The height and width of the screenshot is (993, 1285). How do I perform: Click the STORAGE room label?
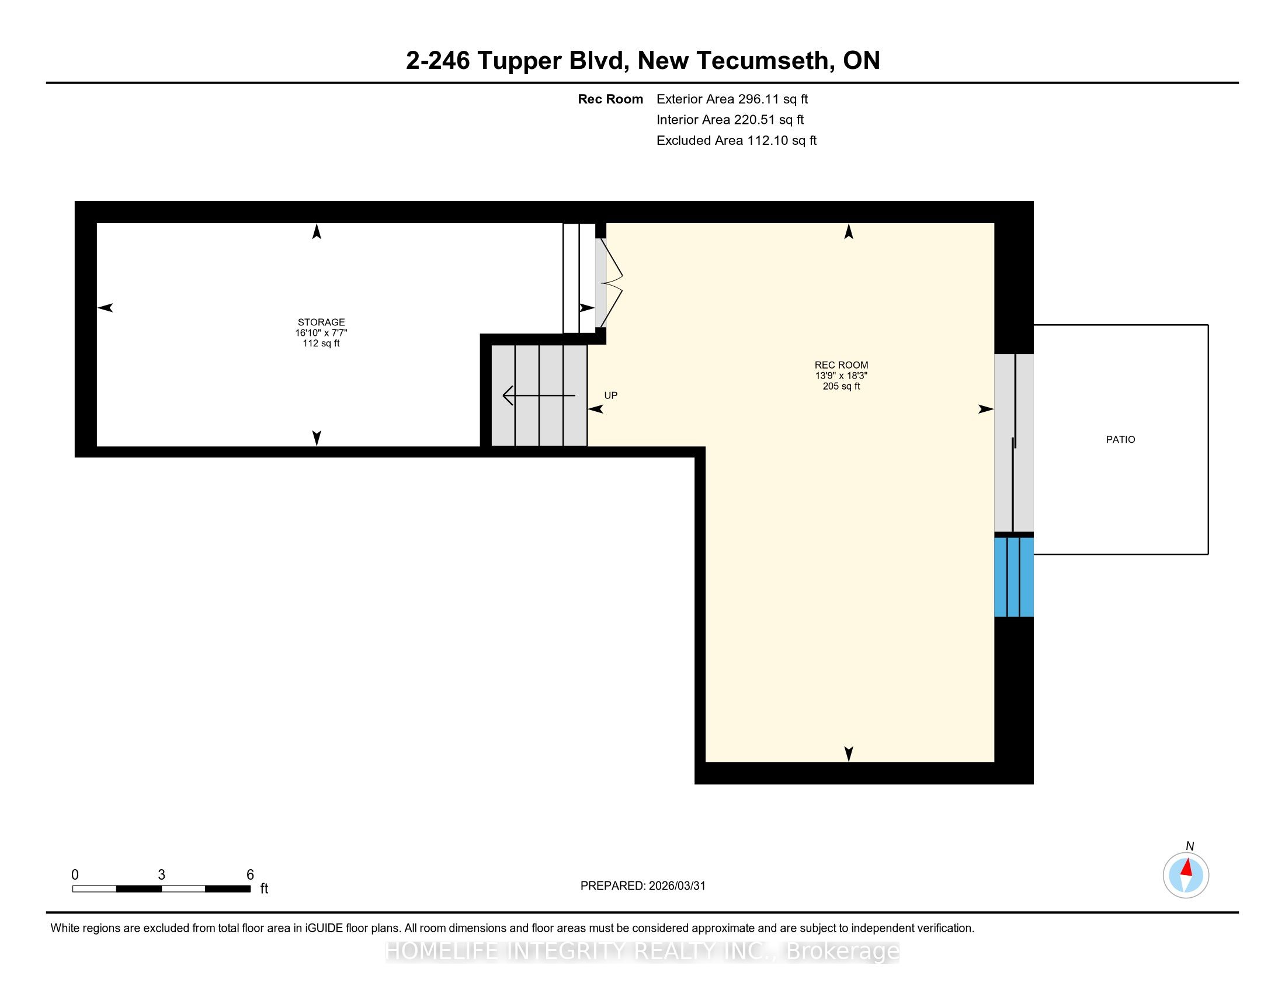point(321,322)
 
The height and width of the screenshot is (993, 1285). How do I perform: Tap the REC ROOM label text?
point(841,365)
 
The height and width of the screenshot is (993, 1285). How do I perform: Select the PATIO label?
point(1121,439)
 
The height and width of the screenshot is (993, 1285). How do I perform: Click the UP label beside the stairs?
point(611,395)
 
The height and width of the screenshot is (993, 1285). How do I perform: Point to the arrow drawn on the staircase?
point(539,395)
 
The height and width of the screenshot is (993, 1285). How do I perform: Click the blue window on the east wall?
point(1014,577)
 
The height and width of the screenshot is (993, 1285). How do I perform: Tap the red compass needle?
point(1187,868)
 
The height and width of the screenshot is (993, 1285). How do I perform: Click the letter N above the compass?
point(1190,846)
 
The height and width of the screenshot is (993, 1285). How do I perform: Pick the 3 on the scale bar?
point(161,875)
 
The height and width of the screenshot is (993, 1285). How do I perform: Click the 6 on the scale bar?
point(250,875)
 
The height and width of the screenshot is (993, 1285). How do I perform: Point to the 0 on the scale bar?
point(75,875)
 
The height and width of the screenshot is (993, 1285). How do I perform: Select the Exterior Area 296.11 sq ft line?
point(732,99)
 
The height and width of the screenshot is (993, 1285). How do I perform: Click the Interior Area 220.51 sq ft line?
point(730,120)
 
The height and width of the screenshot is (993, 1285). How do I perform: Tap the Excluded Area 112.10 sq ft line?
point(737,141)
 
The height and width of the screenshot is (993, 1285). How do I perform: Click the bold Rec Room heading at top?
point(610,99)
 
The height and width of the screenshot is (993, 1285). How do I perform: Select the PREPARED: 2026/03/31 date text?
point(643,886)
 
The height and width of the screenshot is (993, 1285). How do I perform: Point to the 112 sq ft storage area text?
point(321,343)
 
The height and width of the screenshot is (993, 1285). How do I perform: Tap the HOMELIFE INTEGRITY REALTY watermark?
point(642,951)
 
